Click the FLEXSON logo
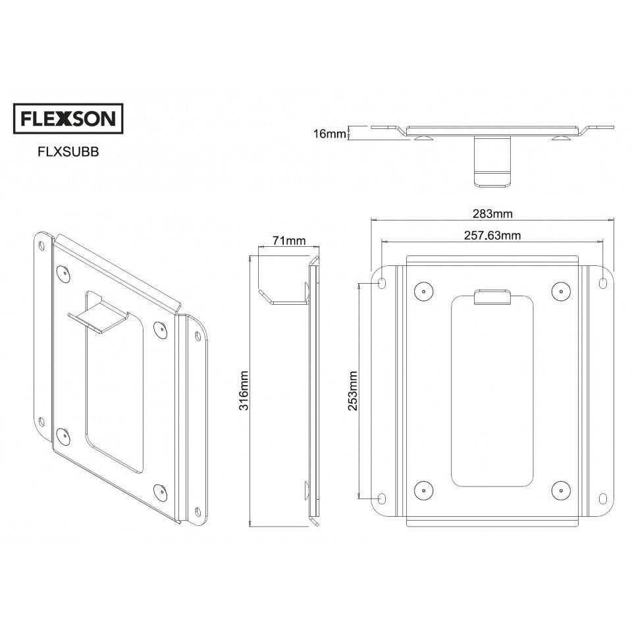pos(68,118)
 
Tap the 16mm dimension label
pos(329,134)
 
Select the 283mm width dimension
pos(492,213)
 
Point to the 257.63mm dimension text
pos(492,235)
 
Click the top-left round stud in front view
pos(422,290)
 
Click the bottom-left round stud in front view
pos(422,489)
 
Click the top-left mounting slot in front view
pos(382,283)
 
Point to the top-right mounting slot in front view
pos(603,283)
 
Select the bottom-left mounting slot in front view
pos(382,498)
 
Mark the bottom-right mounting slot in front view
pos(603,498)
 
